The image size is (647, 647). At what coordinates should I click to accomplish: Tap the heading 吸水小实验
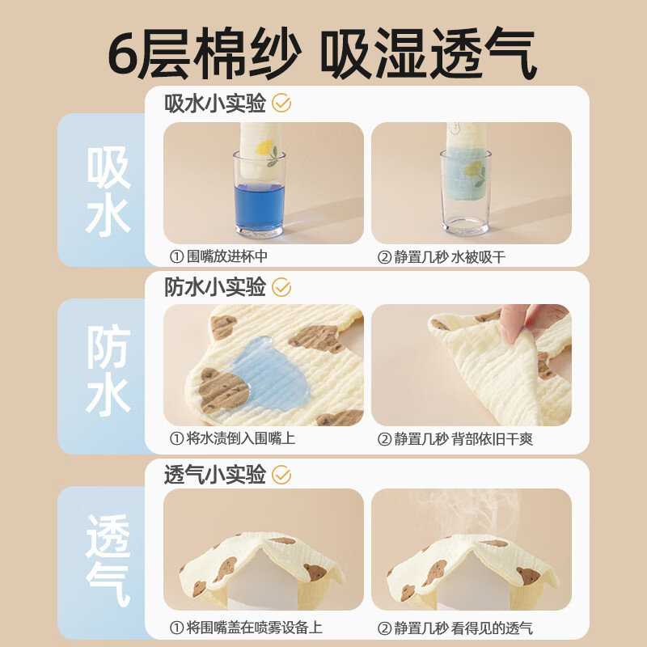click(x=215, y=104)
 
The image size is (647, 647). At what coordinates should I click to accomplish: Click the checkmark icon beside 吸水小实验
click(x=281, y=104)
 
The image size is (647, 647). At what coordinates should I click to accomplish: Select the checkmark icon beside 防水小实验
click(x=281, y=287)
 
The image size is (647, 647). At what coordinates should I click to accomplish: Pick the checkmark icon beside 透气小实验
click(x=281, y=475)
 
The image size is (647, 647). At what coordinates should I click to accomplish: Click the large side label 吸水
click(x=108, y=191)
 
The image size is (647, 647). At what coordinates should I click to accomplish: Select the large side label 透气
click(x=108, y=560)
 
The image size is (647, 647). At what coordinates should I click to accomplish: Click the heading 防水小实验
click(x=215, y=287)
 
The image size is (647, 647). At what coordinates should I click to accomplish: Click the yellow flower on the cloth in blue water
click(x=264, y=147)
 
